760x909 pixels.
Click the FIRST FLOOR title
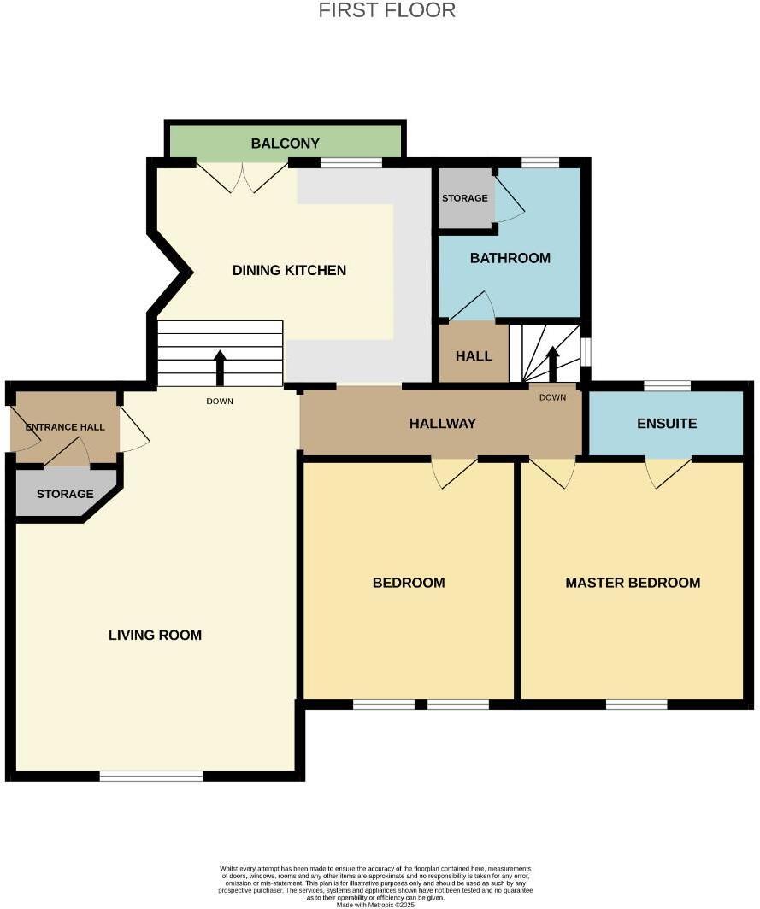click(x=386, y=11)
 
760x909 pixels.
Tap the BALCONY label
click(x=285, y=144)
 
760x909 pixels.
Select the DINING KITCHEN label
click(x=289, y=271)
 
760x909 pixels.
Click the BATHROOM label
click(x=510, y=258)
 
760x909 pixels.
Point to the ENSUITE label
click(x=667, y=424)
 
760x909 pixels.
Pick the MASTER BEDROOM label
click(x=633, y=583)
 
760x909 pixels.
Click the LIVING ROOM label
click(x=155, y=635)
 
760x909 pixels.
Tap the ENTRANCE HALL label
click(x=65, y=426)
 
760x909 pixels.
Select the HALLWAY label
click(x=442, y=424)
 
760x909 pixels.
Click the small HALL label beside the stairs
click(x=474, y=355)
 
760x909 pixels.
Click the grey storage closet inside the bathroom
click(x=464, y=198)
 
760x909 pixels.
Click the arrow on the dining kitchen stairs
click(x=220, y=367)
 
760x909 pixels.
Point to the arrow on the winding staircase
click(x=552, y=363)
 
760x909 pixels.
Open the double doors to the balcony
click(x=243, y=177)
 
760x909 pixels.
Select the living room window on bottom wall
click(x=150, y=776)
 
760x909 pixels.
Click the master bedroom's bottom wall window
click(x=636, y=704)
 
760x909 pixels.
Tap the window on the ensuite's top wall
click(x=667, y=385)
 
